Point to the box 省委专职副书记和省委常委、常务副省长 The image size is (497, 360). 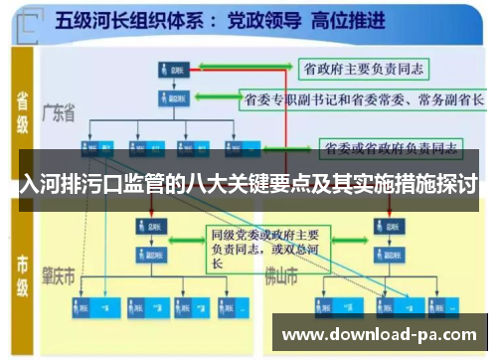point(363,99)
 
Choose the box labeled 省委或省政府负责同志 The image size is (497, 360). point(391,149)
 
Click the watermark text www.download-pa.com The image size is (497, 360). point(381,333)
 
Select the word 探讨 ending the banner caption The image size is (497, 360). point(454,185)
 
